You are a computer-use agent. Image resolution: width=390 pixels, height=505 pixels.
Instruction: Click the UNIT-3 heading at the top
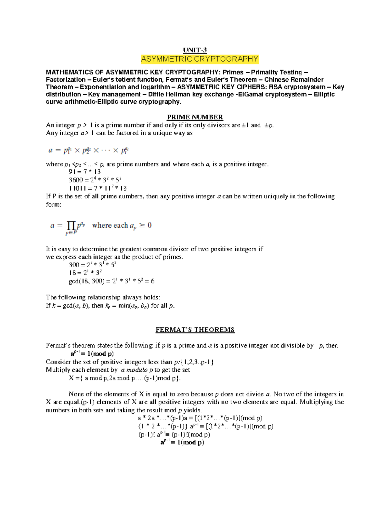[x=195, y=50]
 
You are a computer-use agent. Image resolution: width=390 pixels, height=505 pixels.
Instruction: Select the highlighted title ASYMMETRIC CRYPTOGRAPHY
[x=199, y=59]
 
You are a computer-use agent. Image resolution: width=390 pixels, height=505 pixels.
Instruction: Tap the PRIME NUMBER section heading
[x=195, y=117]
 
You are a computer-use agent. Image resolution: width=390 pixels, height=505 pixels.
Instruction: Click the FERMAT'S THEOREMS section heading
[x=195, y=330]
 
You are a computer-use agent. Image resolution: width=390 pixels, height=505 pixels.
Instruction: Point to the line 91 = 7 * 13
[x=85, y=172]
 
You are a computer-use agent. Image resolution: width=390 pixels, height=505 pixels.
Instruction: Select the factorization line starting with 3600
[x=95, y=180]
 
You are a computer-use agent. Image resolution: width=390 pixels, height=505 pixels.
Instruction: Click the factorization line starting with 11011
[x=97, y=188]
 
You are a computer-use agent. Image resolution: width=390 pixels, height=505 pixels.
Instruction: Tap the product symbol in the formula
[x=71, y=225]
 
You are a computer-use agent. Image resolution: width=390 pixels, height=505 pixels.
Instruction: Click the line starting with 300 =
[x=92, y=265]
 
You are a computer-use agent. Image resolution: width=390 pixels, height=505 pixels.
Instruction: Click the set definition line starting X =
[x=124, y=378]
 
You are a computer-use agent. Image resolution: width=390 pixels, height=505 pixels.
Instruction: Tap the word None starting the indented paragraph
[x=76, y=394]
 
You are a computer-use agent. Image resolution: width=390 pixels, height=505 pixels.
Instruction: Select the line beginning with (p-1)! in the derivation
[x=174, y=434]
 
